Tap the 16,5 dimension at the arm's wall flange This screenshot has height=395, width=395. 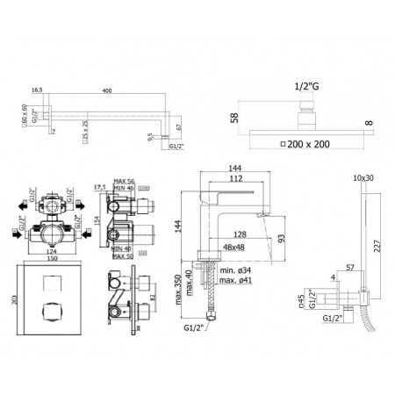[x=37, y=90]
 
